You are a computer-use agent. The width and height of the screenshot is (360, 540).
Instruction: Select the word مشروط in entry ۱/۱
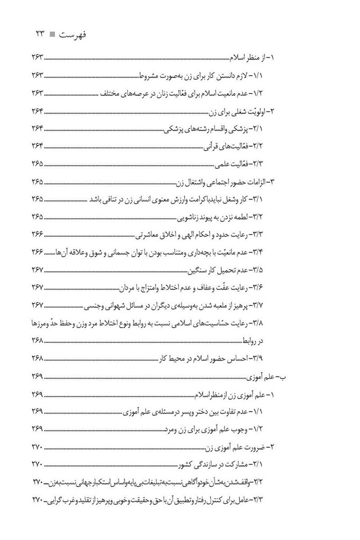click(153, 76)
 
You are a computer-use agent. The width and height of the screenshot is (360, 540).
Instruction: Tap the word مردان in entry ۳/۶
click(131, 287)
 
